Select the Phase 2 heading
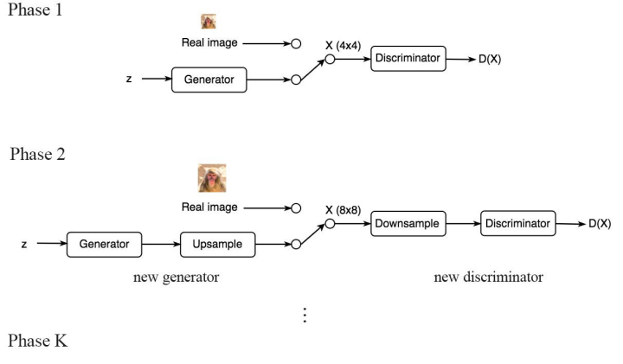[38, 155]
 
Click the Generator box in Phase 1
[209, 80]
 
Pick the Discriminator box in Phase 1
[408, 59]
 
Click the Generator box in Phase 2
[104, 244]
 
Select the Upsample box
[217, 244]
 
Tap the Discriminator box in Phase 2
[517, 224]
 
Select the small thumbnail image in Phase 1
[209, 22]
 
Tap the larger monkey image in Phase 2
[212, 178]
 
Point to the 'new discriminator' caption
[488, 278]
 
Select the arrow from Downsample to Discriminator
[462, 224]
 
